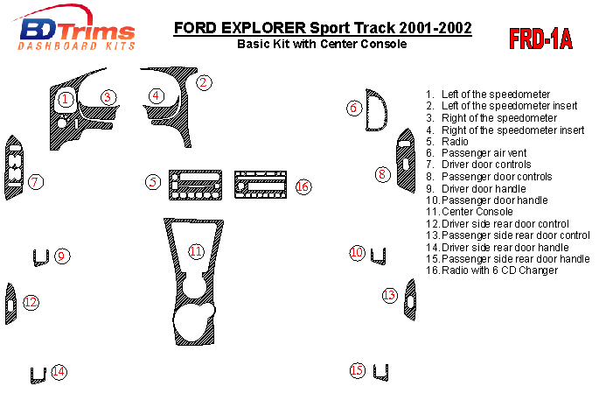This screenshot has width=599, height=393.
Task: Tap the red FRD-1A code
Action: (540, 39)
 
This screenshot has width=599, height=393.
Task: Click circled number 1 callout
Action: (65, 99)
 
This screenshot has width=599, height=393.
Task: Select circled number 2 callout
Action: (203, 83)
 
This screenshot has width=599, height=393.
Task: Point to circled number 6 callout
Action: (353, 108)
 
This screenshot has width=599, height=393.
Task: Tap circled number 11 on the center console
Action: (196, 251)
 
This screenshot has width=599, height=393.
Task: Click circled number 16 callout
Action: (303, 186)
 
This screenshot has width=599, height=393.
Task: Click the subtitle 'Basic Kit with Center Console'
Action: (323, 44)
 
